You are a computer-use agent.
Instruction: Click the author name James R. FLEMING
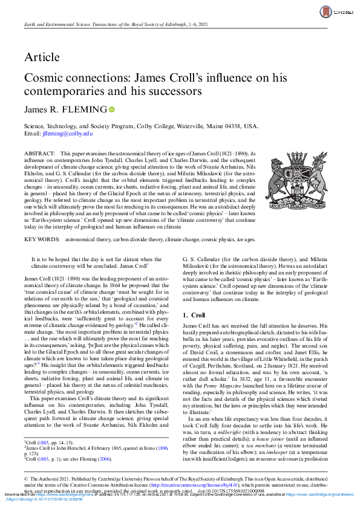tap(65, 109)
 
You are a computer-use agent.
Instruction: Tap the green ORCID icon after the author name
tap(111, 109)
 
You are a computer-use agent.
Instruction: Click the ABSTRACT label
tap(39, 155)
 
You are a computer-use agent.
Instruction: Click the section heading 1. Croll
tap(194, 316)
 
